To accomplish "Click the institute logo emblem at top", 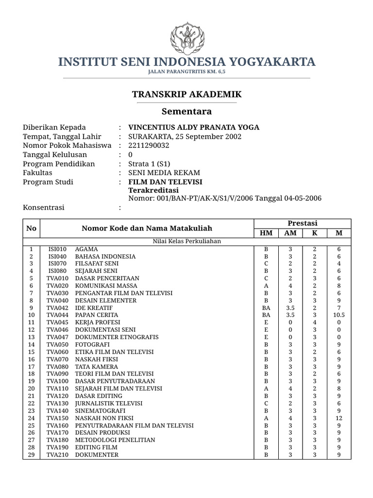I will (186, 35).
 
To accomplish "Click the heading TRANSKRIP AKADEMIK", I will (186, 94).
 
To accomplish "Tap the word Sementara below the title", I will (186, 111).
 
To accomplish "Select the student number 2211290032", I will (149, 145).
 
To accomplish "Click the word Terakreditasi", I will (151, 190).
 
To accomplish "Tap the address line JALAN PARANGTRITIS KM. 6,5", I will (186, 72).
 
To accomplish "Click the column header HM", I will (266, 233).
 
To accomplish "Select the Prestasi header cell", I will (302, 223).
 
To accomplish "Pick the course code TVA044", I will (57, 315).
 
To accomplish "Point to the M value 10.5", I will (339, 315).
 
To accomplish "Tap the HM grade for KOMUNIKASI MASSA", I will (266, 285).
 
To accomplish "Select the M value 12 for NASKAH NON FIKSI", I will (339, 418).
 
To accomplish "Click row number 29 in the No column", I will (31, 455).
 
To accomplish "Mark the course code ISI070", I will (57, 264).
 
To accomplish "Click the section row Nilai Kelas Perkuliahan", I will (186, 241).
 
